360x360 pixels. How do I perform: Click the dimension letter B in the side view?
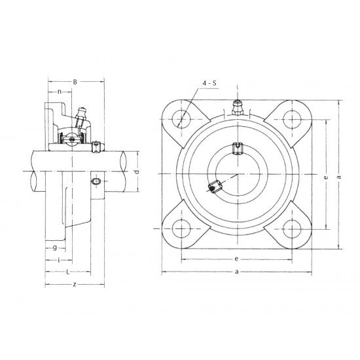[x=75, y=82]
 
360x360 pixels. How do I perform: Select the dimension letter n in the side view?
[x=60, y=92]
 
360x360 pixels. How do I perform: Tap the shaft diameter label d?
[x=136, y=171]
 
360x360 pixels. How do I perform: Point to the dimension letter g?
[x=54, y=247]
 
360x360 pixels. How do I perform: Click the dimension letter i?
[x=60, y=260]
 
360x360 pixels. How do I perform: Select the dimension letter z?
[x=75, y=284]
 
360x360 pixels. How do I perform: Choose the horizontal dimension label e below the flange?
[x=236, y=259]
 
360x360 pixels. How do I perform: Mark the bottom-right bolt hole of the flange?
[x=290, y=228]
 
